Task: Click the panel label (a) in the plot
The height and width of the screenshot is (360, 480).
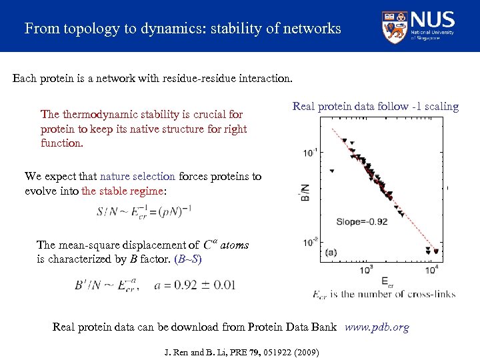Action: coord(331,252)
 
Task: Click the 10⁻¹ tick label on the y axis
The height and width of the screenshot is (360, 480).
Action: coord(310,153)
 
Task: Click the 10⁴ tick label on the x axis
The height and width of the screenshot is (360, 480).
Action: coord(435,270)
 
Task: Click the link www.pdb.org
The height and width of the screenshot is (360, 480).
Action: coord(377,327)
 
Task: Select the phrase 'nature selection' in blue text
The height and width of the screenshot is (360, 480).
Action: coord(137,177)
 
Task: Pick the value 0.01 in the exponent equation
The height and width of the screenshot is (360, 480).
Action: coord(225,285)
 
